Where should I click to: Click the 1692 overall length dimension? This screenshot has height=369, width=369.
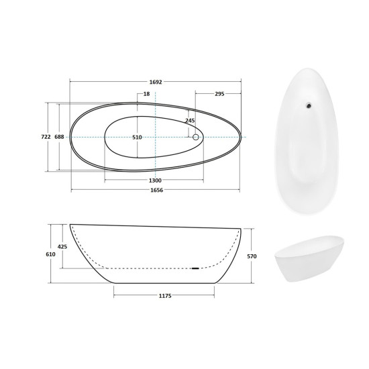click(156, 82)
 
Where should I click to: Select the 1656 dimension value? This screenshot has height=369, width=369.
click(157, 190)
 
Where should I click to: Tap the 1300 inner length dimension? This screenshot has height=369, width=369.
click(156, 180)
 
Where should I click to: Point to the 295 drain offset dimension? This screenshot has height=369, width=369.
click(219, 94)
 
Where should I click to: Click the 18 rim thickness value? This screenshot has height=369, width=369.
click(146, 94)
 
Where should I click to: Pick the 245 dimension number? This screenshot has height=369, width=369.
click(190, 121)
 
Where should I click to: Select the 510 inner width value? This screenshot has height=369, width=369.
click(137, 137)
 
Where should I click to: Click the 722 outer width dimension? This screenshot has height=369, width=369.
click(46, 137)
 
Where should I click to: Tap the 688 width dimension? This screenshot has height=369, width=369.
click(59, 137)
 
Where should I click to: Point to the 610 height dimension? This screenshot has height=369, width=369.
click(50, 254)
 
